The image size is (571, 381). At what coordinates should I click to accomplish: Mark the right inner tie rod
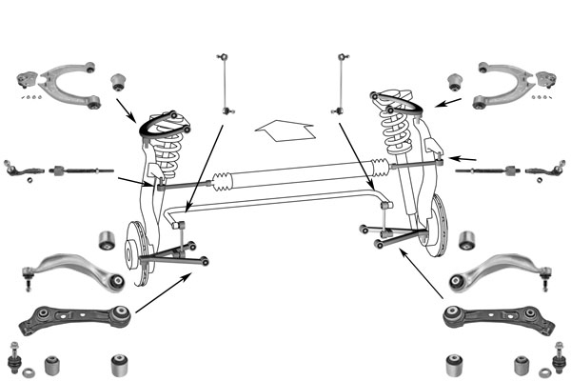(489, 171)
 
